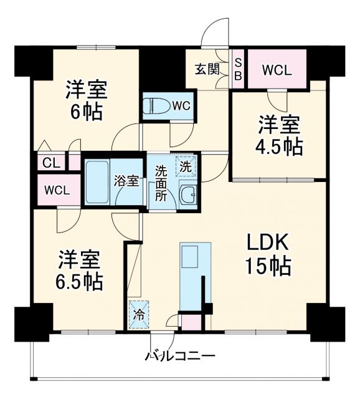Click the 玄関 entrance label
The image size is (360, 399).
coord(206,69)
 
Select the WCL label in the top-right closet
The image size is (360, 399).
coord(276,70)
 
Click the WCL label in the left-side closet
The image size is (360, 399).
coord(57,190)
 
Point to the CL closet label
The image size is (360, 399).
coord(51,163)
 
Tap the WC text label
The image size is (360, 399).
coord(181,105)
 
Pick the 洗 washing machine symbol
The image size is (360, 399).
coord(185,166)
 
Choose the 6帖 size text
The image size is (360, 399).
coord(87,112)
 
